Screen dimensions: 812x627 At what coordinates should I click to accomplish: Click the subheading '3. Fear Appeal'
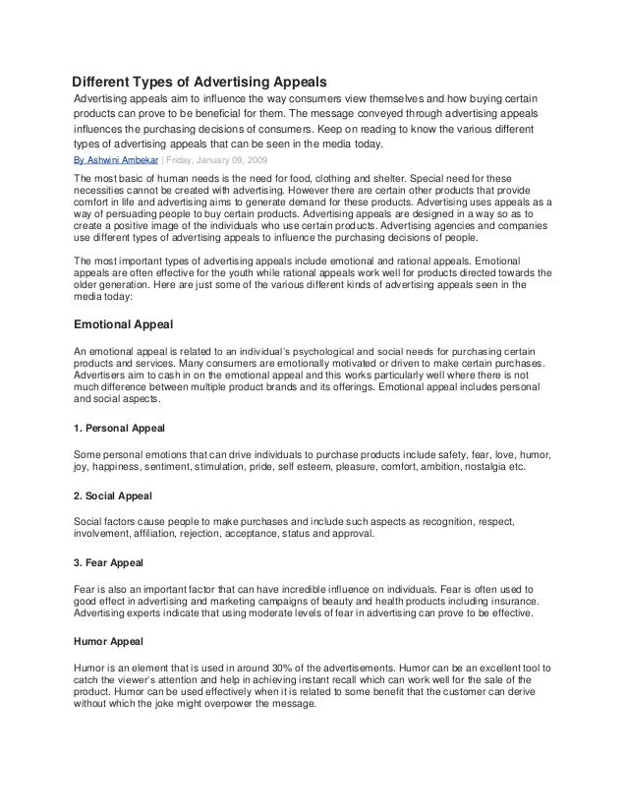(x=109, y=563)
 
